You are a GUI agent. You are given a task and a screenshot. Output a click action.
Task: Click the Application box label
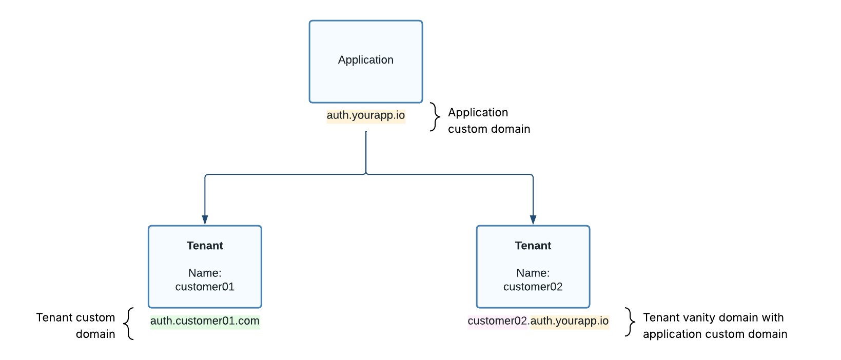365,60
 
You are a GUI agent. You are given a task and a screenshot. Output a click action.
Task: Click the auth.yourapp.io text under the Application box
365,115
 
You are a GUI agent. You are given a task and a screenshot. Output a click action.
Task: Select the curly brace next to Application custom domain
435,117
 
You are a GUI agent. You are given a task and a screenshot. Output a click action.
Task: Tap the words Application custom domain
488,121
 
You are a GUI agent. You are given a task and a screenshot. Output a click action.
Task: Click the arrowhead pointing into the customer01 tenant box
205,219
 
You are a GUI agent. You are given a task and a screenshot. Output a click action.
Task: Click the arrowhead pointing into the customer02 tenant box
533,219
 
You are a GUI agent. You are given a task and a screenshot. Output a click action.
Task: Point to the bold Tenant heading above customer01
205,246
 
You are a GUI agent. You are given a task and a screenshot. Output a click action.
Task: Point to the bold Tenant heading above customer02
533,246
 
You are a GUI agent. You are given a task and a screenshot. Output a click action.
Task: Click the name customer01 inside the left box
205,287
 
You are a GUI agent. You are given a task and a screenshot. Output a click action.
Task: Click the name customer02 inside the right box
533,287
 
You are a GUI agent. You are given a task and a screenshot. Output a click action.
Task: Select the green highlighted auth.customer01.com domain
205,321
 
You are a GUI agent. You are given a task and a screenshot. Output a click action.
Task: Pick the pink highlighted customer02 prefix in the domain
497,321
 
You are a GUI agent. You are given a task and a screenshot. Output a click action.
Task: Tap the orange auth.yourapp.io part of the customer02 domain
569,321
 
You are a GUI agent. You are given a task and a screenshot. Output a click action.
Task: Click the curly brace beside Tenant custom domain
129,324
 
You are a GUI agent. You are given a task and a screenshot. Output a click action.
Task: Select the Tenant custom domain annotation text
76,326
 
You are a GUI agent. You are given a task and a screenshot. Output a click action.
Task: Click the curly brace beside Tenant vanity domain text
630,322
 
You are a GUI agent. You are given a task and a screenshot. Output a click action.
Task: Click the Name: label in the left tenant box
205,273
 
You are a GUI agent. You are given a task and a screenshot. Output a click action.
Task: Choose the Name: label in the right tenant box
533,273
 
